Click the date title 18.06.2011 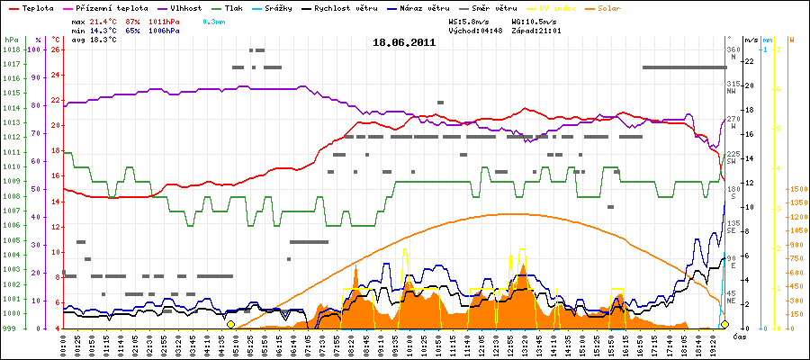pos(404,41)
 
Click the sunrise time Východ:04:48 pos(473,30)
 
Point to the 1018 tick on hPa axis pos(12,49)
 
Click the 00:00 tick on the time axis pos(65,344)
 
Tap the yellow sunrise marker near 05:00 pos(230,324)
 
